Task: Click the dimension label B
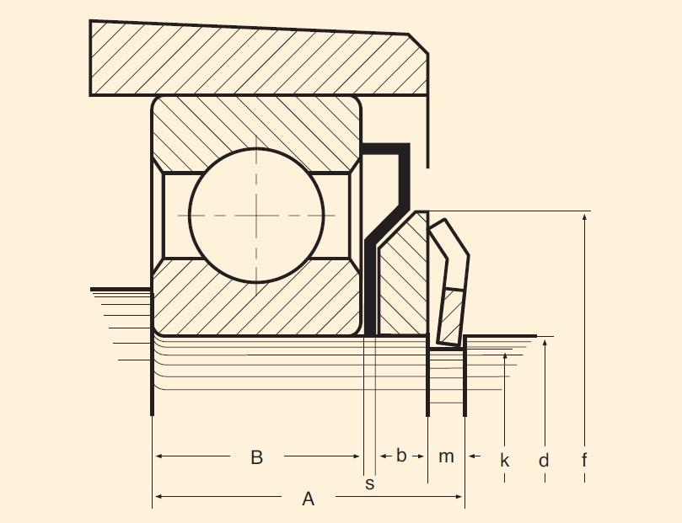coord(257,457)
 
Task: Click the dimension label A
coord(309,499)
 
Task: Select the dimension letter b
coord(401,456)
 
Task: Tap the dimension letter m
coord(446,456)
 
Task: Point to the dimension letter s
coord(369,483)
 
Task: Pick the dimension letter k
coord(505,461)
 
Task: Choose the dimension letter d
coord(544,461)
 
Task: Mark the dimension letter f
coord(584,461)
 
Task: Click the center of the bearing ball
coord(256,215)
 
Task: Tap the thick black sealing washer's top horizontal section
coord(385,149)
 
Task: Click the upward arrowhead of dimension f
coord(584,218)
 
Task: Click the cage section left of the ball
coord(176,215)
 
